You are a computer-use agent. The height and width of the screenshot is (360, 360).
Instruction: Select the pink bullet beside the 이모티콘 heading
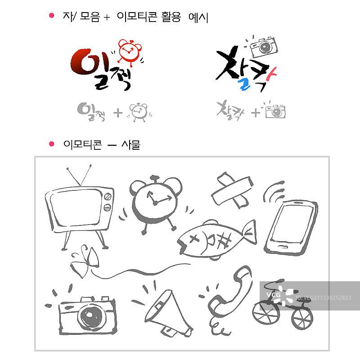click(x=51, y=144)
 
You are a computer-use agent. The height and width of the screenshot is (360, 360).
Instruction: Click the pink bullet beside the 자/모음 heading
click(x=51, y=16)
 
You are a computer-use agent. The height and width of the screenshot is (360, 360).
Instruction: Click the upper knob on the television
click(x=108, y=196)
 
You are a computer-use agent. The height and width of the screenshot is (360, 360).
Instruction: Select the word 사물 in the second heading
click(x=130, y=144)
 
